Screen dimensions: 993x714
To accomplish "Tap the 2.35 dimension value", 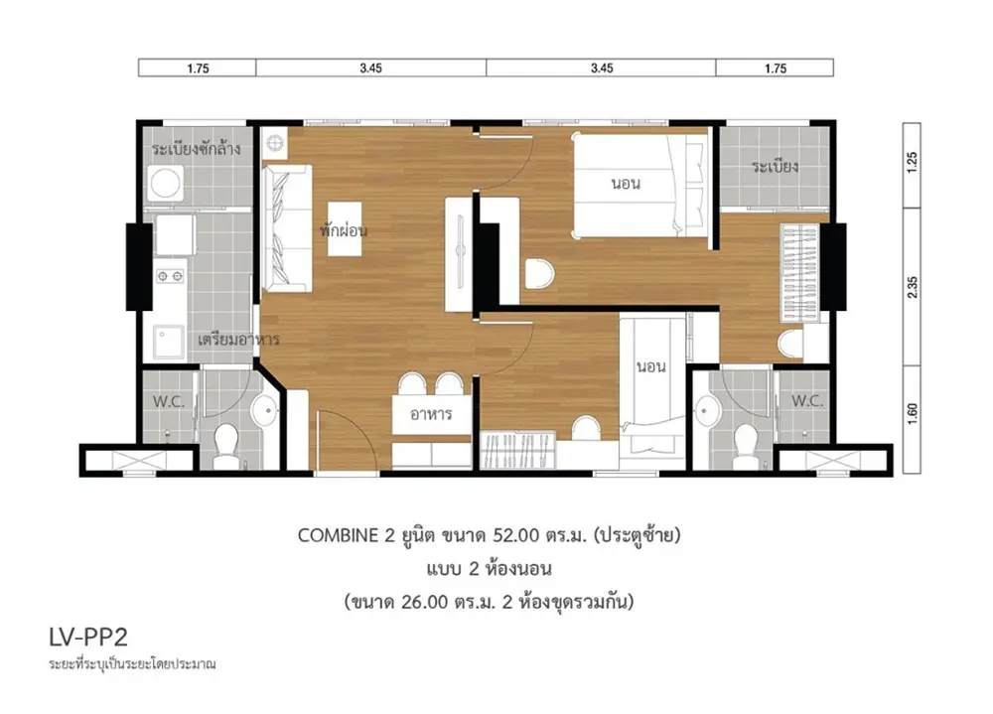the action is pyautogui.click(x=912, y=288).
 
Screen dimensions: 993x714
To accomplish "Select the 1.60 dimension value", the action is pyautogui.click(x=912, y=414).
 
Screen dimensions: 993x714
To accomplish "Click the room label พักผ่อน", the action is pyautogui.click(x=344, y=230).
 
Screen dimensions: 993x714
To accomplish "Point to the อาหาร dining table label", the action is pyautogui.click(x=431, y=414).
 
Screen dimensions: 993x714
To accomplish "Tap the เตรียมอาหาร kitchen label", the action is pyautogui.click(x=238, y=340).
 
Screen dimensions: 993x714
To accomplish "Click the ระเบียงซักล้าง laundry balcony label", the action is pyautogui.click(x=196, y=150).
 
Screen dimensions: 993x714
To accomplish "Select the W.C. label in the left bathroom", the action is pyautogui.click(x=169, y=401).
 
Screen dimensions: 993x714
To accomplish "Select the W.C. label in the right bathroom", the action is pyautogui.click(x=807, y=400).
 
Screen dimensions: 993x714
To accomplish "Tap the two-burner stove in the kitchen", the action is pyautogui.click(x=171, y=276).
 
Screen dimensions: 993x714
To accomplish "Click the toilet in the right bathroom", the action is pyautogui.click(x=746, y=443).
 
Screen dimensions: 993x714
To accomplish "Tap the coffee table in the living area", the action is pyautogui.click(x=345, y=228).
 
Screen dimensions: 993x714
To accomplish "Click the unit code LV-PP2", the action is pyautogui.click(x=88, y=638).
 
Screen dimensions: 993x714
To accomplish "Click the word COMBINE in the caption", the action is pyautogui.click(x=338, y=535).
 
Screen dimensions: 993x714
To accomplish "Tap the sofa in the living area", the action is pyautogui.click(x=287, y=228).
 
